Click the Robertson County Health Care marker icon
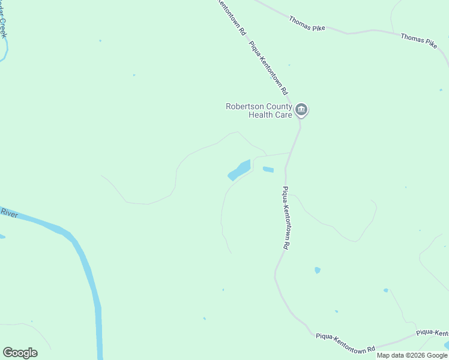[301, 110]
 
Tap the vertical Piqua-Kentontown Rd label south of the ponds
[286, 218]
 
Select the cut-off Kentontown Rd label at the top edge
[232, 16]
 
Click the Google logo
[20, 353]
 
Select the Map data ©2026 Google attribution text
[412, 355]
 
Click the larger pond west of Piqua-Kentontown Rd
[240, 170]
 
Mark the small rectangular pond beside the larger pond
[268, 170]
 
